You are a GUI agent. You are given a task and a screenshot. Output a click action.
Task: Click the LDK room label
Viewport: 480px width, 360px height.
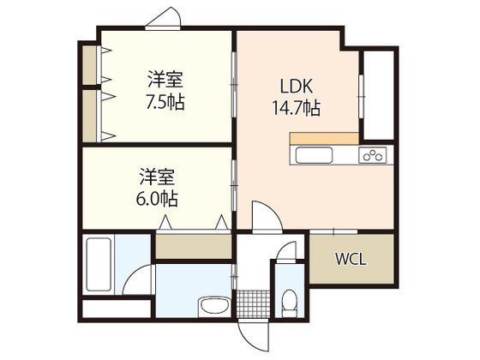(297, 87)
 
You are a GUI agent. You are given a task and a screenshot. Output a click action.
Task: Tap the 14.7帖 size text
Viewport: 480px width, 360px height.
(297, 108)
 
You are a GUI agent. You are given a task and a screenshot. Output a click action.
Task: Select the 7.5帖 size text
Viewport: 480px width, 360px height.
(165, 101)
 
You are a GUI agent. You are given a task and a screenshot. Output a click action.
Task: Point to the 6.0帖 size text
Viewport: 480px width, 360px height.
(159, 199)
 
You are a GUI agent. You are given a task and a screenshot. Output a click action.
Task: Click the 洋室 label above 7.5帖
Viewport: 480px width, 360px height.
(165, 81)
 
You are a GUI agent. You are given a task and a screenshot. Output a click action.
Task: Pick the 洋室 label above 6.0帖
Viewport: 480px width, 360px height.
(159, 178)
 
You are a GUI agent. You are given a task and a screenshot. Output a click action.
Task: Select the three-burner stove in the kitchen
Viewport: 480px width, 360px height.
(374, 155)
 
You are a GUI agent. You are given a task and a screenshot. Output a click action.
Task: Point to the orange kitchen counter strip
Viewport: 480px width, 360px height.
(324, 138)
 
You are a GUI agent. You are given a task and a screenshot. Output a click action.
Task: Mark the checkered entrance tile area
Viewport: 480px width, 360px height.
(249, 304)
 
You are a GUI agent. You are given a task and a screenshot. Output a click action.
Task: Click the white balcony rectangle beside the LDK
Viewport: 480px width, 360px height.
(378, 95)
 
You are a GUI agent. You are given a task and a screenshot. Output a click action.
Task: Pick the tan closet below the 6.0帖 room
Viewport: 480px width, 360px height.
(194, 246)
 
